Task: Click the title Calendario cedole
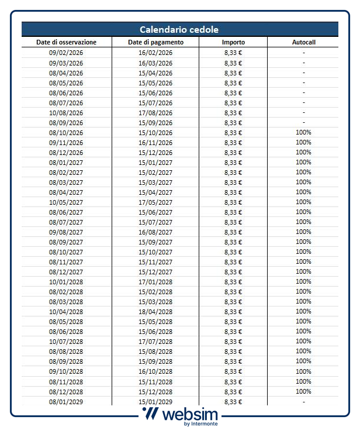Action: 179,29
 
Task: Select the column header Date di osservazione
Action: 66,42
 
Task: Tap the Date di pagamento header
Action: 155,42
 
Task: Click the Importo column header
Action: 233,42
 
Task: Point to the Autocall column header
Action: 303,42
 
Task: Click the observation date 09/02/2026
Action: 66,53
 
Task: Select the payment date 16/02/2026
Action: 155,53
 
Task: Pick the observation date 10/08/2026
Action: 66,113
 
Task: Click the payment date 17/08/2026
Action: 155,113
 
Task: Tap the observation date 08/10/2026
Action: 66,133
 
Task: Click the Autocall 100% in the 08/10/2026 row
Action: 303,133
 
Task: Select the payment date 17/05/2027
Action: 155,202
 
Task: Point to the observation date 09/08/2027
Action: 66,232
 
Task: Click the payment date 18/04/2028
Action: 155,312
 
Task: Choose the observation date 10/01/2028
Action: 66,282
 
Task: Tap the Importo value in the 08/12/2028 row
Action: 233,391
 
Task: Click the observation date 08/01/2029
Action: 66,401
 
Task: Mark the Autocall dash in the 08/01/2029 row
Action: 303,401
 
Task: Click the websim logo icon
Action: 150,414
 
